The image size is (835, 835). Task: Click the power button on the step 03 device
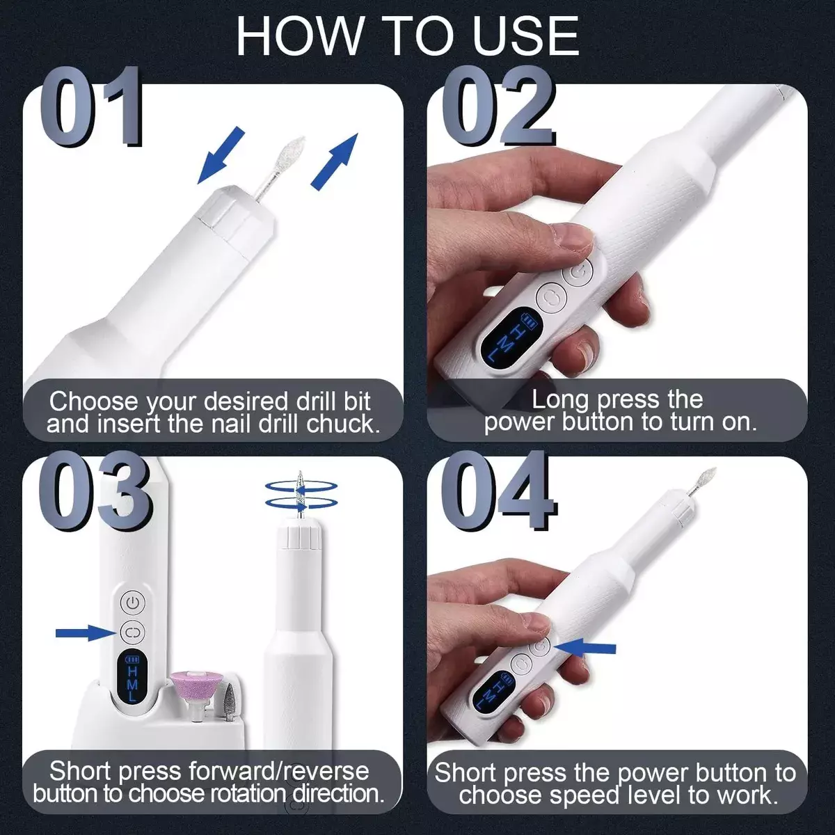(x=132, y=600)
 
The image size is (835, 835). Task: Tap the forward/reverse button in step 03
(x=132, y=632)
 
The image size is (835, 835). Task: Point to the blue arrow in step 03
(x=83, y=632)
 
